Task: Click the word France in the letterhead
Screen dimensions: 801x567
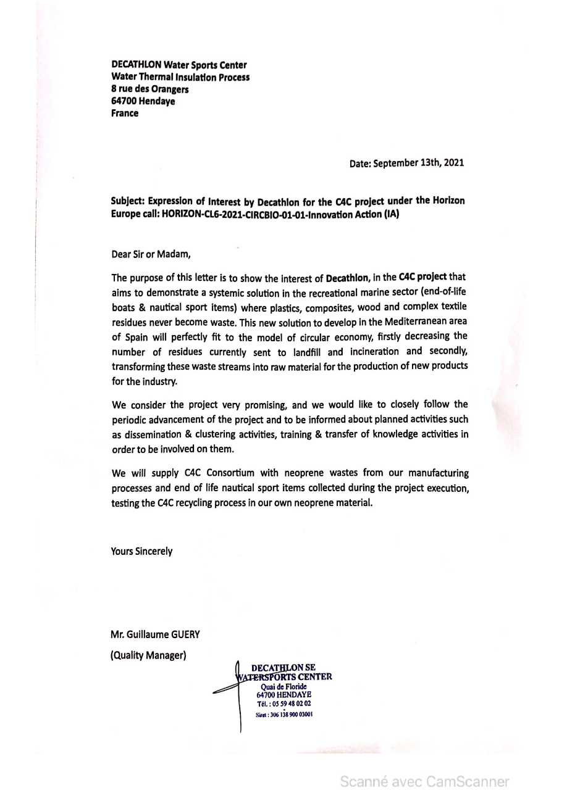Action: pyautogui.click(x=125, y=114)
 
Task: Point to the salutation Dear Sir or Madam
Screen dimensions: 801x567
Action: pyautogui.click(x=151, y=254)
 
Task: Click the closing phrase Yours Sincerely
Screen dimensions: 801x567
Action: pyautogui.click(x=141, y=552)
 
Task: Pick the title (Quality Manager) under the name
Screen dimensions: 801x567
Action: pyautogui.click(x=148, y=655)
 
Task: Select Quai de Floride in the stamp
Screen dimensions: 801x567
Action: pyautogui.click(x=284, y=687)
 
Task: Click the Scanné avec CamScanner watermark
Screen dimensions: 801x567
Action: pyautogui.click(x=425, y=782)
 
